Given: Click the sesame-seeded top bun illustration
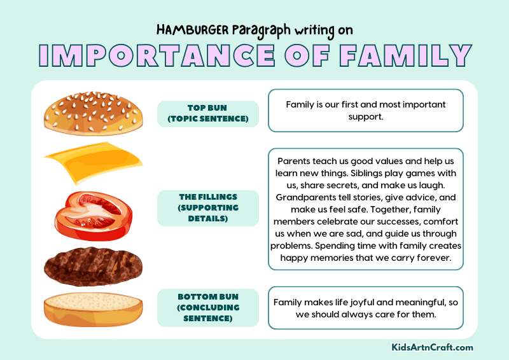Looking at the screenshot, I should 93,113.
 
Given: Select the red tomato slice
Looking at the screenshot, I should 93,214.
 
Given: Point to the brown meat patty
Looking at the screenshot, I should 92,267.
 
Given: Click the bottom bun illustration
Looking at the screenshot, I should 93,309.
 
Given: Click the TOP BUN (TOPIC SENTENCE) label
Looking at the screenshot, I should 207,114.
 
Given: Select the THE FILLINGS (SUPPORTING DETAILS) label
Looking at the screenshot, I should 207,208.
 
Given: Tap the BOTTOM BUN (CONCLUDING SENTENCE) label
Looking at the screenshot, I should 207,308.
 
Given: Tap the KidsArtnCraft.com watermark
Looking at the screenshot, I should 433,347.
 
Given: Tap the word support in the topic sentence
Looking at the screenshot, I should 366,117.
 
